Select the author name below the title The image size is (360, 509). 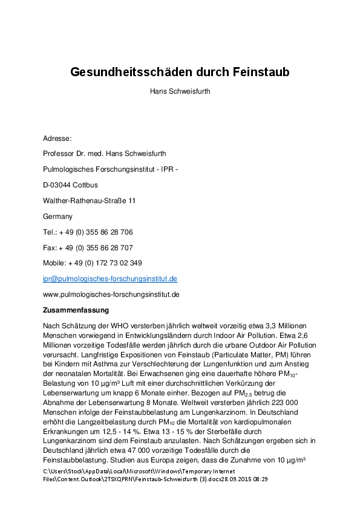click(180, 92)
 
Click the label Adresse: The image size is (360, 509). click(57, 138)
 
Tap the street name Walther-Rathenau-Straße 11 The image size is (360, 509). click(89, 201)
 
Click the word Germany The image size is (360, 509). click(57, 216)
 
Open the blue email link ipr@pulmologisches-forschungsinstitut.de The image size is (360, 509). click(110, 279)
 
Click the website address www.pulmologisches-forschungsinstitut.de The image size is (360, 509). click(111, 294)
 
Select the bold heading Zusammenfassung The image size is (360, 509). click(76, 310)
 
